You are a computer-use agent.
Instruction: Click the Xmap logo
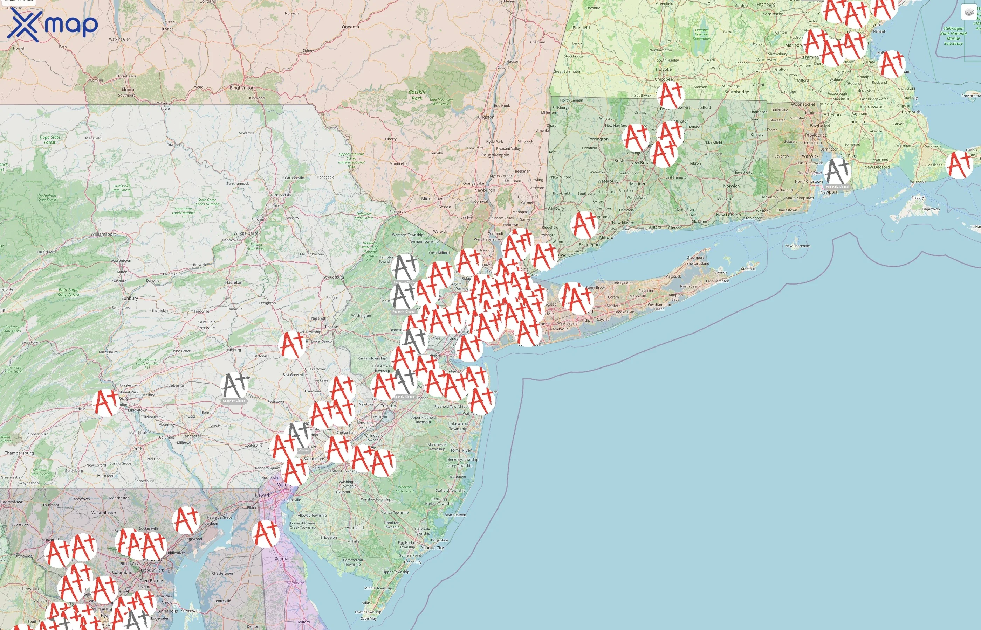click(x=53, y=25)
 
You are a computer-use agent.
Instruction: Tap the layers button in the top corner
click(x=969, y=12)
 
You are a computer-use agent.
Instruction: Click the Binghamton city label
click(x=242, y=88)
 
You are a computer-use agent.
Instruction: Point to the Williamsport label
click(x=103, y=234)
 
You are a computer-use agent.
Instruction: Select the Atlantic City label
click(x=432, y=548)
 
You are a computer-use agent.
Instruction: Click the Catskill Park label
click(x=417, y=95)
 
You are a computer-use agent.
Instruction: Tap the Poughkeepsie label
click(x=495, y=155)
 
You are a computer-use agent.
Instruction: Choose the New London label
click(x=728, y=215)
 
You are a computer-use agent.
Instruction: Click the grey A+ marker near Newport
click(x=837, y=171)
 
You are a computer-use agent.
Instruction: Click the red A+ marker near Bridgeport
click(x=584, y=225)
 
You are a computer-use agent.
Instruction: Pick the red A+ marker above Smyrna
click(x=265, y=533)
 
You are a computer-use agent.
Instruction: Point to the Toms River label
click(x=461, y=450)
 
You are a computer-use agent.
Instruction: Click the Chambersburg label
click(x=19, y=453)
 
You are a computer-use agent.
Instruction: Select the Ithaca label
click(x=167, y=29)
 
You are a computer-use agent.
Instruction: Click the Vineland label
click(x=355, y=528)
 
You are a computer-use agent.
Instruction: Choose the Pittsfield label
click(x=581, y=28)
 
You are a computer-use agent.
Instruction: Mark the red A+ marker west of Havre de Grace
click(x=186, y=520)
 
